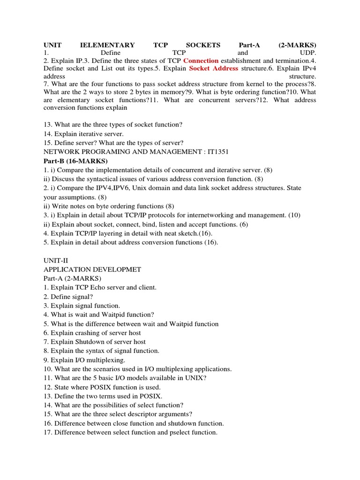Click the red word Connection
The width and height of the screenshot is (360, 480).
click(x=201, y=60)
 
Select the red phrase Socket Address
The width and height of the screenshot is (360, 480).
click(x=213, y=68)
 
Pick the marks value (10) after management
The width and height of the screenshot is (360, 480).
click(x=294, y=215)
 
